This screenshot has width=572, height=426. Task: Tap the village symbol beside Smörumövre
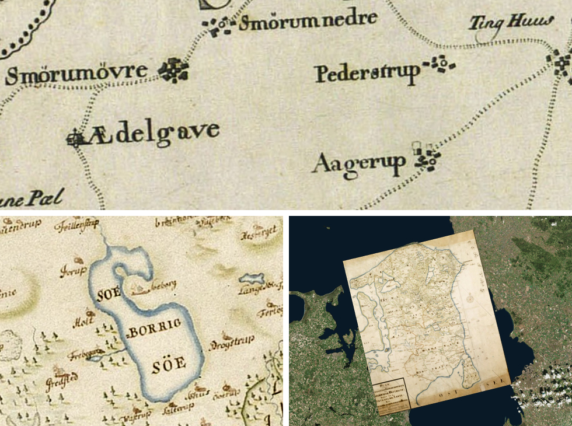175,70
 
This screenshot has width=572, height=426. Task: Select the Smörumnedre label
308,21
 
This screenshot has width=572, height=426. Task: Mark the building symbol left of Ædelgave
75,122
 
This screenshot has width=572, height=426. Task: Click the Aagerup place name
359,163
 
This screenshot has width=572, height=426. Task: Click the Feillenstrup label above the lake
76,225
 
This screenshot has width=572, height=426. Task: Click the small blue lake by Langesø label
251,280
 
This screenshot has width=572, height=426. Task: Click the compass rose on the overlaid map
470,299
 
